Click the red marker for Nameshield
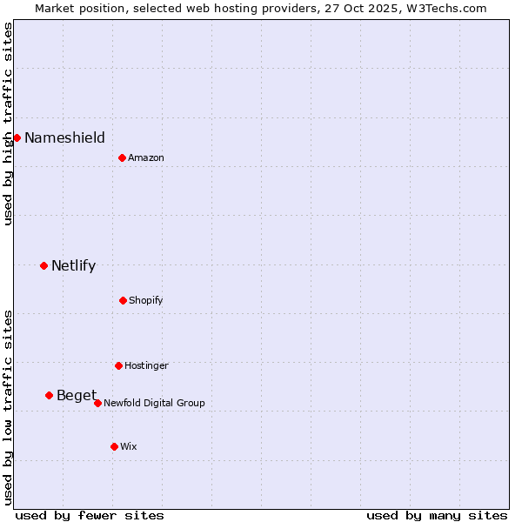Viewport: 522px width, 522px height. click(x=17, y=137)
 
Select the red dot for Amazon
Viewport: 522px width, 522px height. click(x=122, y=157)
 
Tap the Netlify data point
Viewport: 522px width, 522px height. click(x=43, y=265)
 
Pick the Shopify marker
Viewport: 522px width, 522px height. click(x=123, y=300)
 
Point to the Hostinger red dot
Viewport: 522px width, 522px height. click(x=118, y=365)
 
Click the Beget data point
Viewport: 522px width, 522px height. click(x=49, y=395)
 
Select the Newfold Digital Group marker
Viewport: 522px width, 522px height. click(x=97, y=403)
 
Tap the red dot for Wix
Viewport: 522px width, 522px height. click(x=114, y=446)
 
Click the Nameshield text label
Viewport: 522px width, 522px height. click(x=64, y=137)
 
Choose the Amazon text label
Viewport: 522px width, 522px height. click(x=146, y=157)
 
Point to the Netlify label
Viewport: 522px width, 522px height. click(x=73, y=265)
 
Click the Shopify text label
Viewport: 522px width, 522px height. click(x=146, y=300)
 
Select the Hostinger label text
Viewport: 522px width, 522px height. click(x=146, y=365)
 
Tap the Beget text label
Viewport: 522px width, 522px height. click(x=77, y=396)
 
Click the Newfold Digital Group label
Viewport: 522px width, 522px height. click(x=154, y=403)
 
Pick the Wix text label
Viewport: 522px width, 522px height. click(x=129, y=446)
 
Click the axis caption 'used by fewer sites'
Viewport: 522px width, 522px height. click(x=90, y=515)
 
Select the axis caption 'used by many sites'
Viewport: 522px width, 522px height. click(x=437, y=515)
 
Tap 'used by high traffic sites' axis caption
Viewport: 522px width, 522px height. click(x=8, y=124)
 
